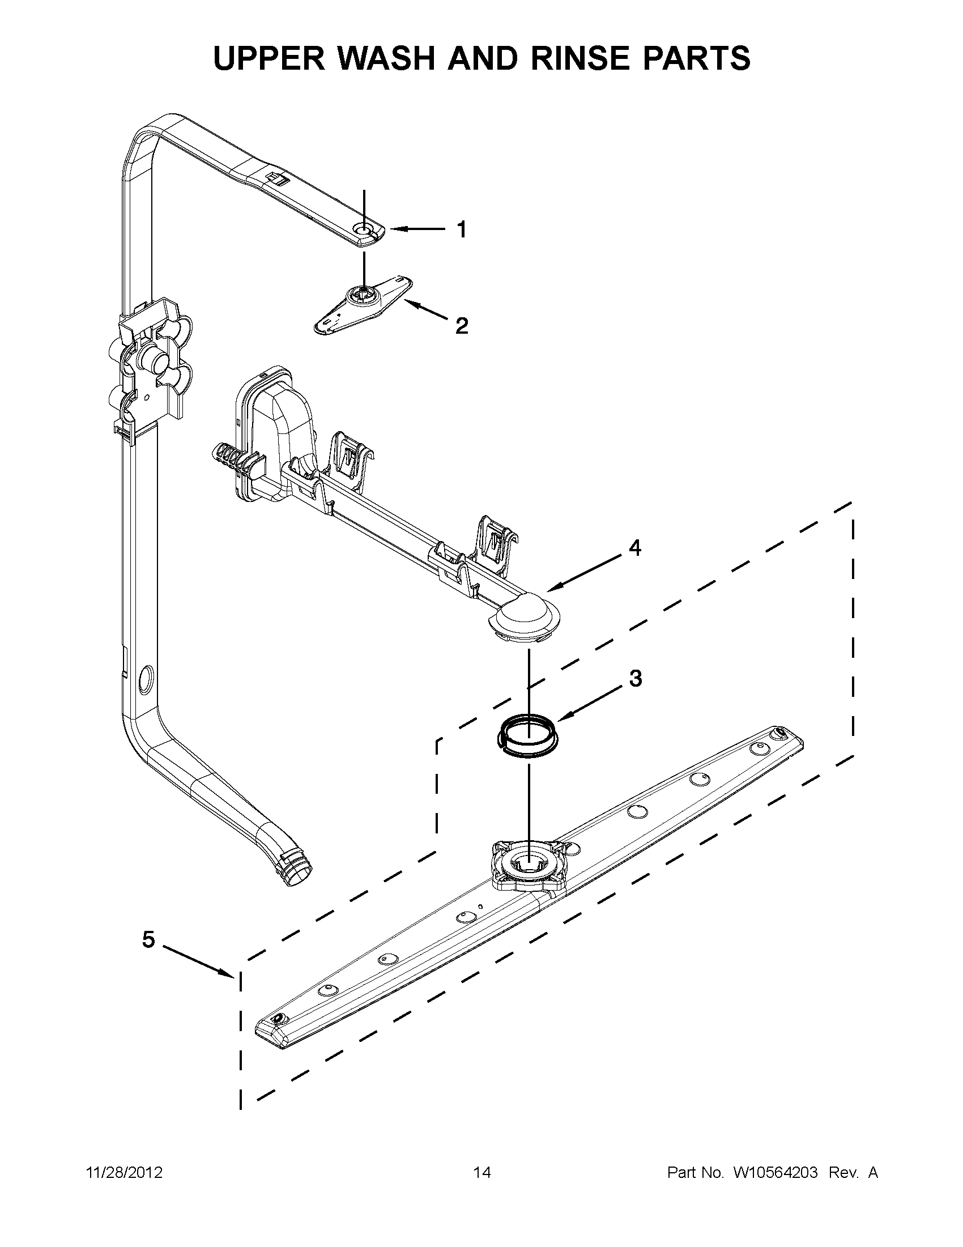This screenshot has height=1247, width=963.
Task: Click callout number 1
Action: click(x=462, y=229)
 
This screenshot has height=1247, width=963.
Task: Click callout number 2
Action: click(x=462, y=326)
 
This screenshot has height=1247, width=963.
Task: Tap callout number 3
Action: click(x=636, y=678)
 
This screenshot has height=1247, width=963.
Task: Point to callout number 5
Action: click(x=148, y=939)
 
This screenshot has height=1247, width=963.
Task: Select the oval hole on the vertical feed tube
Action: click(x=146, y=679)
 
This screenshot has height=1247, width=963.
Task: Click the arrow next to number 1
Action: click(x=417, y=229)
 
